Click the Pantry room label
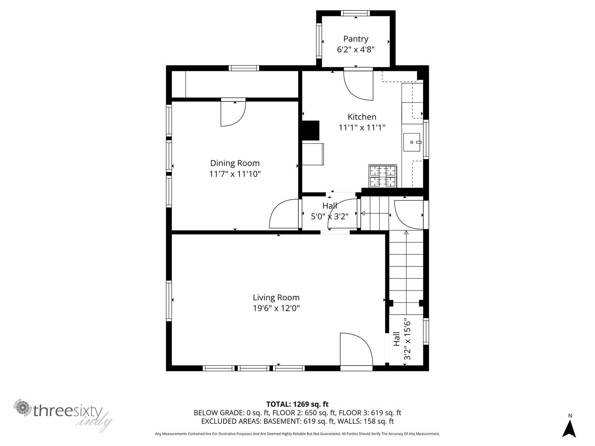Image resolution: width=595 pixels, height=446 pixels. pos(356,39)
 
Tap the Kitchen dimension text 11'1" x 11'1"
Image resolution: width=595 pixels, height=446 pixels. pos(362,127)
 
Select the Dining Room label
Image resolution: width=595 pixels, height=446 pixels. pos(235,163)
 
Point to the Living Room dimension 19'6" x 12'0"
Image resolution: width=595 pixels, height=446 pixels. pos(276,308)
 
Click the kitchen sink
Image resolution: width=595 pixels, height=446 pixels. pos(412,142)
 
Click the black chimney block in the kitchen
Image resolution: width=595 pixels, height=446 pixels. pos(311,130)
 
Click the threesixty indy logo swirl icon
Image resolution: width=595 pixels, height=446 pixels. pos(23,407)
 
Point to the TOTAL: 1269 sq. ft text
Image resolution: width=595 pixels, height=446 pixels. pos(297,404)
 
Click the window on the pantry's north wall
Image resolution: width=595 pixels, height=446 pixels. pos(355,13)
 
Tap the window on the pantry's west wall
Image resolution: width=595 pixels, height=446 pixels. pos(319,41)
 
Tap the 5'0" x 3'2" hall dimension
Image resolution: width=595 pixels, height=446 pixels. pos(329,216)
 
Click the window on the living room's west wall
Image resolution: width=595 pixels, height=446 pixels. pos(169,301)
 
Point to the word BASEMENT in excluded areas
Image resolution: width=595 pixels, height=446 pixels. pos(282,421)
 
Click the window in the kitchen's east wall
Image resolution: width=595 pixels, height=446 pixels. pos(426,139)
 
